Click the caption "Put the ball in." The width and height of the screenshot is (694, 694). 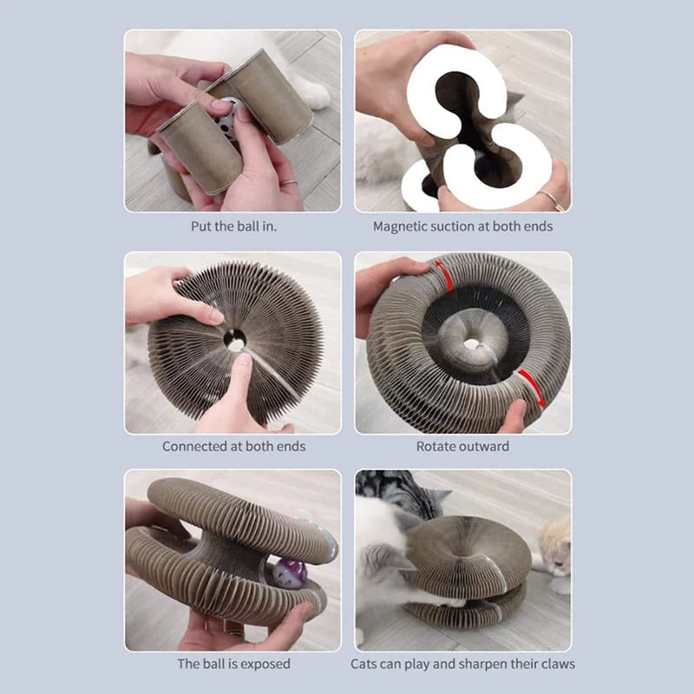(x=233, y=226)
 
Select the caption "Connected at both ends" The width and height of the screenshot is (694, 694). (x=233, y=447)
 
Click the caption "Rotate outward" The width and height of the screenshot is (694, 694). (x=462, y=447)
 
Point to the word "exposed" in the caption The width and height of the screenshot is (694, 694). (x=264, y=665)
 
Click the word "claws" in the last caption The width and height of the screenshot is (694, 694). (x=556, y=665)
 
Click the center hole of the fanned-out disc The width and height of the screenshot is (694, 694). (x=235, y=340)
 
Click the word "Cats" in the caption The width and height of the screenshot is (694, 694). (x=365, y=665)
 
